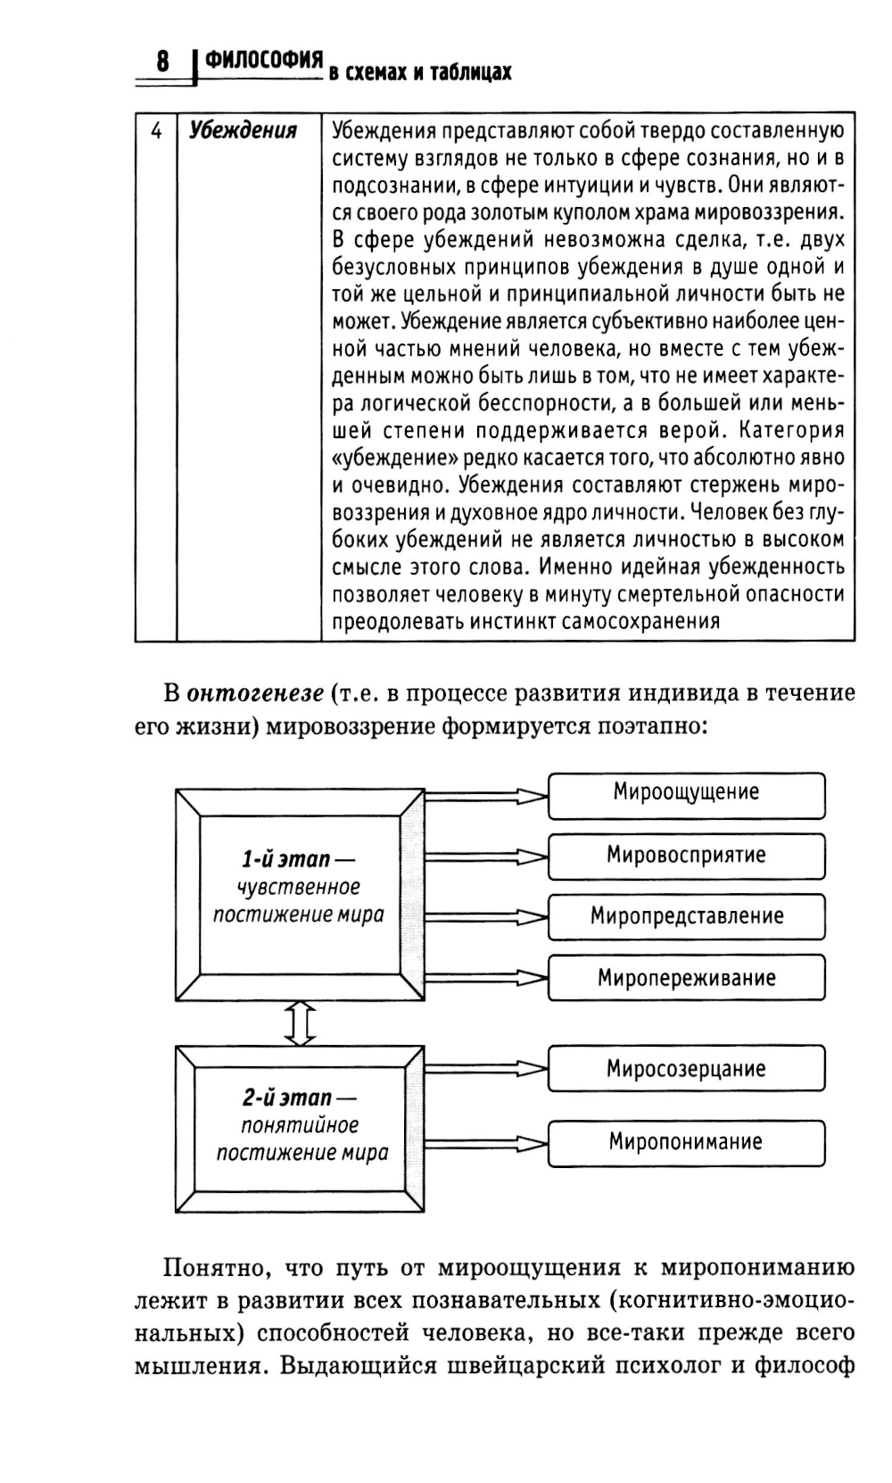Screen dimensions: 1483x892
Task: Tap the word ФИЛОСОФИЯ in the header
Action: [263, 60]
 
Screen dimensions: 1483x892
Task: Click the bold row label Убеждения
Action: [243, 131]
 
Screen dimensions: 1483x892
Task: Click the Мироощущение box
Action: [686, 792]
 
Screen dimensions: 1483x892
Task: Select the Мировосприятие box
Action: [686, 855]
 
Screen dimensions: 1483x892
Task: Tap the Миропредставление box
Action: [686, 916]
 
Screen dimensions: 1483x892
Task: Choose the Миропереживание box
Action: [686, 978]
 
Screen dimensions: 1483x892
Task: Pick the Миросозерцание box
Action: [686, 1069]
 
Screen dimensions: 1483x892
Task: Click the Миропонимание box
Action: [686, 1141]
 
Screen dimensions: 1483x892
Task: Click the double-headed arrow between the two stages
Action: [300, 1023]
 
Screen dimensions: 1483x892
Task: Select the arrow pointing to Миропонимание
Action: [486, 1143]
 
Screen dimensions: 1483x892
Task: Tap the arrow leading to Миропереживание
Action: [486, 977]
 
